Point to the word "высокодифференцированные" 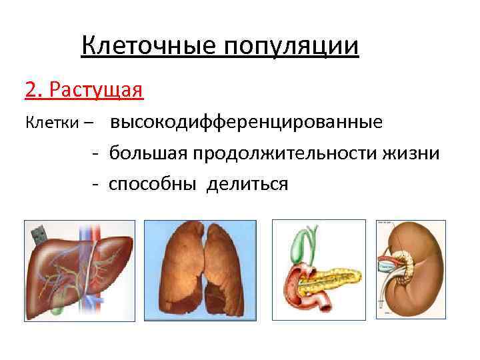pos(247,123)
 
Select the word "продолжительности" pos(286,153)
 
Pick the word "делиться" pos(247,183)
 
